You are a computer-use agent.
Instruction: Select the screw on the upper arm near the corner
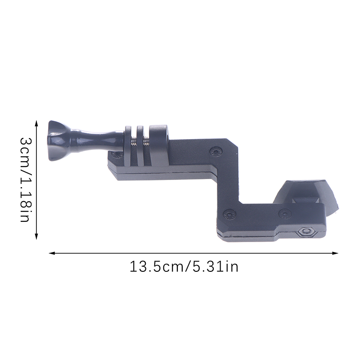[216, 151]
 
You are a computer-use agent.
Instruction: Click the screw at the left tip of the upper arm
[117, 154]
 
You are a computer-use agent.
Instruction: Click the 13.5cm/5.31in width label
[184, 267]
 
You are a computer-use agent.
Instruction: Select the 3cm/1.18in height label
[25, 180]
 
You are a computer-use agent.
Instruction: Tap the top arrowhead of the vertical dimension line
[36, 124]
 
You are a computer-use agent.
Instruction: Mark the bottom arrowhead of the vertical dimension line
[36, 237]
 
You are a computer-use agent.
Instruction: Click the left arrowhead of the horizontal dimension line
[53, 253]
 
